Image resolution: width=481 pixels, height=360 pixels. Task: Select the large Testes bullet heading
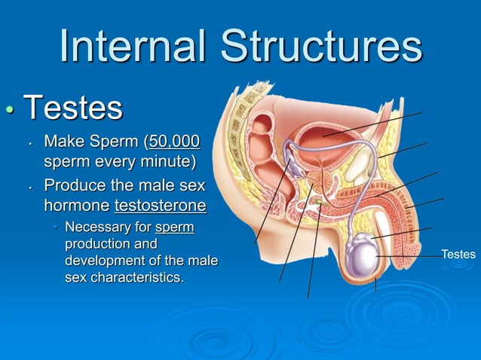(x=73, y=108)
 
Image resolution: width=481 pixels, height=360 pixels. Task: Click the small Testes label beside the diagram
(x=458, y=255)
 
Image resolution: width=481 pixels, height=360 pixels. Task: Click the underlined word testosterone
(x=160, y=206)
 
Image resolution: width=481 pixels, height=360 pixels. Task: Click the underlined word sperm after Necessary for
(x=174, y=227)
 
